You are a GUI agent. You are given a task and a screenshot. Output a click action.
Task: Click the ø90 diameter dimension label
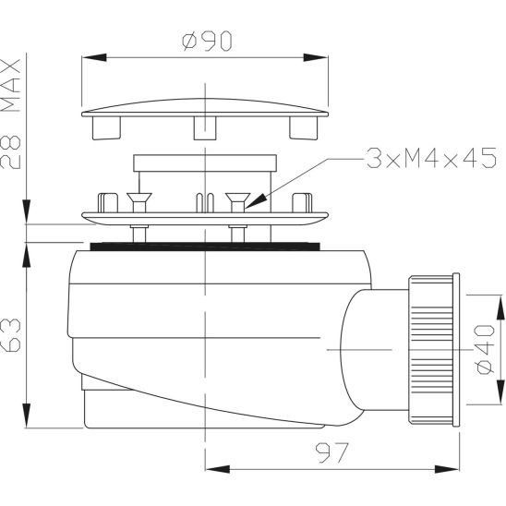pyautogui.click(x=207, y=41)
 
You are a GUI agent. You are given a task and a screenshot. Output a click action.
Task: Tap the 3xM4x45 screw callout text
pyautogui.click(x=431, y=158)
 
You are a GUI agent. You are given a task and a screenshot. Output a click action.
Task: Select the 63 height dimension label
pyautogui.click(x=12, y=334)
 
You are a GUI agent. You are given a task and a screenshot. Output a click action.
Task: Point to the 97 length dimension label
pyautogui.click(x=332, y=452)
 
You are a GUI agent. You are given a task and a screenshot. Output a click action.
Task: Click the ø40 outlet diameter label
pyautogui.click(x=485, y=349)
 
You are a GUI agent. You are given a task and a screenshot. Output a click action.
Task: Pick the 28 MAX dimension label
pyautogui.click(x=11, y=114)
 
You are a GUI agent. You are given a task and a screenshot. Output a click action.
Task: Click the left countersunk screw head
pyautogui.click(x=139, y=198)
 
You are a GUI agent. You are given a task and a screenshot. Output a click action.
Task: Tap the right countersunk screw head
pyautogui.click(x=238, y=198)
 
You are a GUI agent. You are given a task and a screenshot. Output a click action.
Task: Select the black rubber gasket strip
pyautogui.click(x=205, y=247)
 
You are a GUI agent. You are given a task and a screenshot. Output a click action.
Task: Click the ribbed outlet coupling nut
pyautogui.click(x=431, y=349)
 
